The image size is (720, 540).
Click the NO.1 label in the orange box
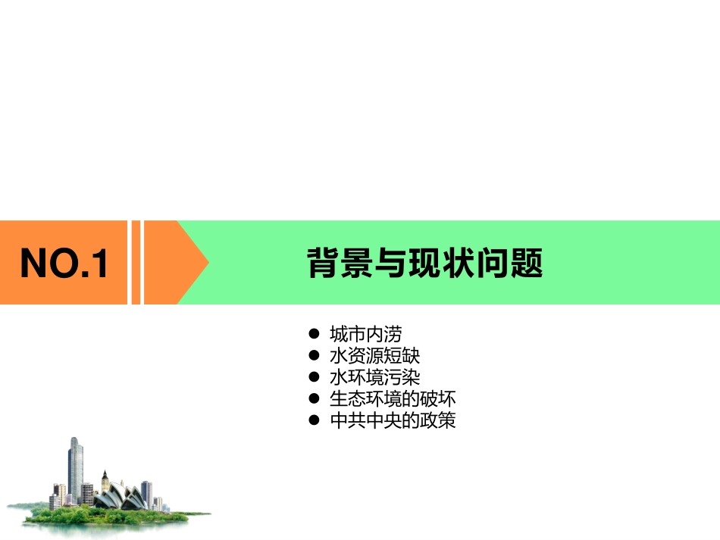tap(64, 263)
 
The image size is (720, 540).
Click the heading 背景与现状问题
tap(424, 263)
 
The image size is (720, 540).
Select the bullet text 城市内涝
tap(365, 334)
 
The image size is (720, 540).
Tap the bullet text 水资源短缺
tap(374, 355)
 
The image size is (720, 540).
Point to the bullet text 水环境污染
tap(374, 377)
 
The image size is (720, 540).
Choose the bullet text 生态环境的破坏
tap(393, 398)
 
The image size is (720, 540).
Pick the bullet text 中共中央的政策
tap(393, 420)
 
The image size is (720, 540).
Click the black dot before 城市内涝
tap(314, 334)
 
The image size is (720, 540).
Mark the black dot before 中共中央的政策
tap(314, 420)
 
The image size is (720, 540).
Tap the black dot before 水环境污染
tap(314, 377)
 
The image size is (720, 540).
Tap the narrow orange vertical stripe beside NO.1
tap(136, 262)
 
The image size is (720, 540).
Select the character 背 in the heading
tap(322, 263)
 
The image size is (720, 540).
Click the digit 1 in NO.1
tap(99, 263)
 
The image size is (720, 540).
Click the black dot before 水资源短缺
tap(314, 355)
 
